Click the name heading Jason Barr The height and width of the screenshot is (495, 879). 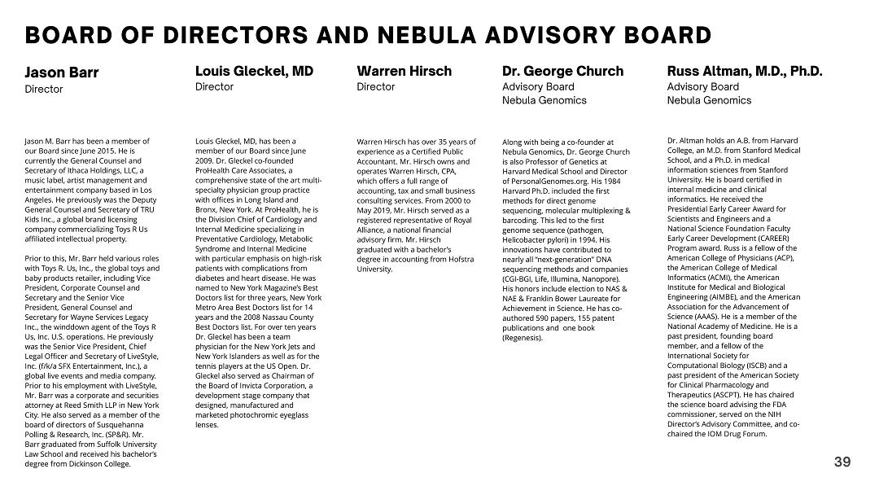click(x=62, y=72)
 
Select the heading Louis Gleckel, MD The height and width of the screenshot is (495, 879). click(x=254, y=72)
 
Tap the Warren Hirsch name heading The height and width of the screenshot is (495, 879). click(x=404, y=72)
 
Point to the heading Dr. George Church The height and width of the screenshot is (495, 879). click(x=562, y=72)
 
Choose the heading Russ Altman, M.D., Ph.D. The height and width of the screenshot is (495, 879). click(x=745, y=72)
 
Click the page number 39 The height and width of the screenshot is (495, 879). click(x=842, y=462)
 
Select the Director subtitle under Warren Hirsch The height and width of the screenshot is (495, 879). click(x=376, y=87)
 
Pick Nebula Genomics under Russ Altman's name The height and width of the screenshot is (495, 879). click(x=709, y=101)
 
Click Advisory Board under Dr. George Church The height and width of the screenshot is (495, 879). click(x=538, y=87)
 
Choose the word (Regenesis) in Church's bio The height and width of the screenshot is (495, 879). click(x=522, y=338)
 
